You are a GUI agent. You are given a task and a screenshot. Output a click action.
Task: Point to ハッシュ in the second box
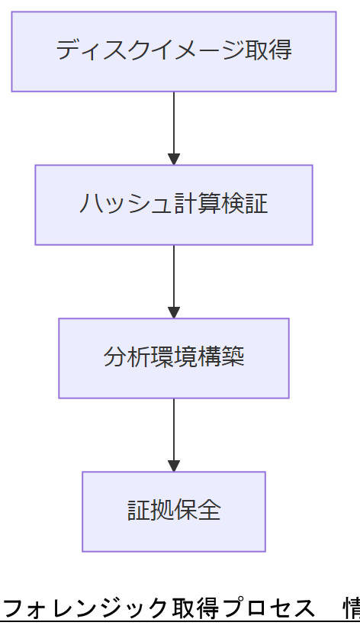click(x=116, y=205)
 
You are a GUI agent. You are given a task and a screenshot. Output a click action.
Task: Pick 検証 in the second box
click(x=245, y=205)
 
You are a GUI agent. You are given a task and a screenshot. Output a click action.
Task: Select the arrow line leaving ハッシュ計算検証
click(x=174, y=274)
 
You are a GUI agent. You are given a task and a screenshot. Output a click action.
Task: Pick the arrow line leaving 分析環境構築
click(x=174, y=427)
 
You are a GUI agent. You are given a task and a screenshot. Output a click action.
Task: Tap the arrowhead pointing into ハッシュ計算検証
click(x=174, y=160)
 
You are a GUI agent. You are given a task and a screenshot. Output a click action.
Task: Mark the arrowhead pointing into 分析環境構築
click(x=174, y=313)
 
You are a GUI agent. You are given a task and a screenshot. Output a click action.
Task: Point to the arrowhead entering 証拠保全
click(x=174, y=466)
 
